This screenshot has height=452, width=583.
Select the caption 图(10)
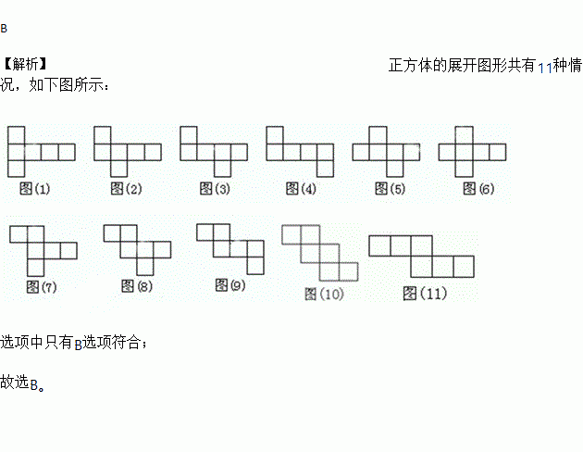click(324, 294)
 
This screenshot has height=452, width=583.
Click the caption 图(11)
click(425, 294)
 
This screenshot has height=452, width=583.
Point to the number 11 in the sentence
click(545, 68)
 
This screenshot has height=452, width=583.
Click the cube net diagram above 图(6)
click(472, 151)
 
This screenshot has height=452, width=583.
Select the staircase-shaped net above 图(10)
click(319, 251)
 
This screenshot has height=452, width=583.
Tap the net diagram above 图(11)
click(423, 256)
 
